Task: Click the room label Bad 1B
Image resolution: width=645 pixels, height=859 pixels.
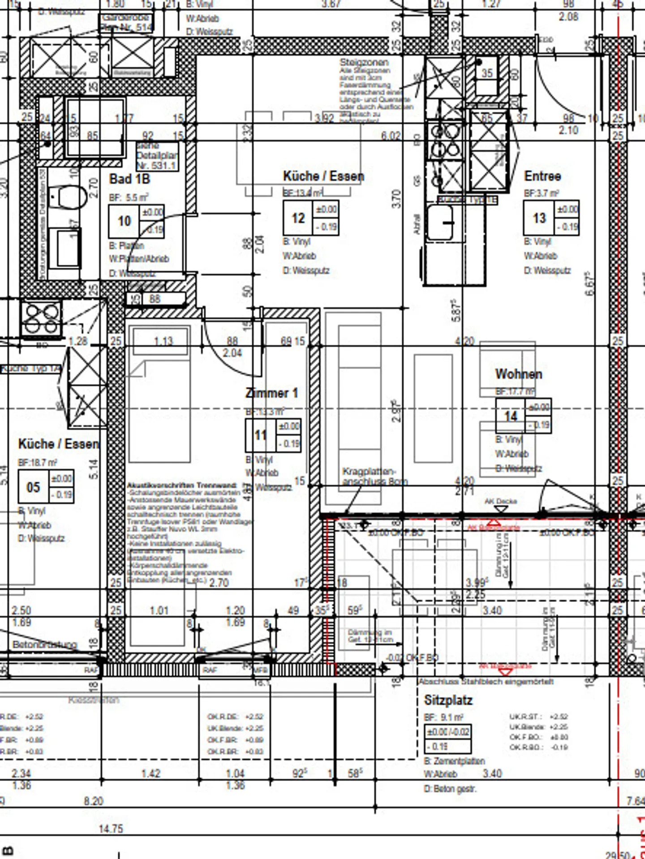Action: (129, 179)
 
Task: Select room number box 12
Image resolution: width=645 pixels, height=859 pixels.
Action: (298, 218)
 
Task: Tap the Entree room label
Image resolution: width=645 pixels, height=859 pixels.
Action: (542, 176)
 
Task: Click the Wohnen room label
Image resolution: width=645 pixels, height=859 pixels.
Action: (519, 374)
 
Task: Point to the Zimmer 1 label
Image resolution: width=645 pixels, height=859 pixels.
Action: (271, 393)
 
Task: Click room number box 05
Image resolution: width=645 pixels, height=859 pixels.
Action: (33, 487)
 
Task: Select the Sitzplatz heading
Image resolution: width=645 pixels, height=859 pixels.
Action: (448, 700)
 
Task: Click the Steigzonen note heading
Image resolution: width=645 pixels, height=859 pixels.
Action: (364, 62)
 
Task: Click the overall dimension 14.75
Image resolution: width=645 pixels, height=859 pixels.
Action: (111, 829)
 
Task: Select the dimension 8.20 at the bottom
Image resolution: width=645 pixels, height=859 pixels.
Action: (93, 801)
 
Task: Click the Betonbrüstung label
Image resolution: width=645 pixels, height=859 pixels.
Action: (45, 644)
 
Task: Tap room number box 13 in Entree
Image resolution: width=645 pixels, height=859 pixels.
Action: (539, 218)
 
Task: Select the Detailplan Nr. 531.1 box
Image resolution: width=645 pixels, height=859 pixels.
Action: (157, 156)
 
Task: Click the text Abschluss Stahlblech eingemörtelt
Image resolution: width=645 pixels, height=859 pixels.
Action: (486, 681)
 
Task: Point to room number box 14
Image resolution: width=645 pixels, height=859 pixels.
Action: (511, 416)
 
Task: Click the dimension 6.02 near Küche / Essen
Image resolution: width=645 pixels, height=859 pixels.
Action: (391, 135)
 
